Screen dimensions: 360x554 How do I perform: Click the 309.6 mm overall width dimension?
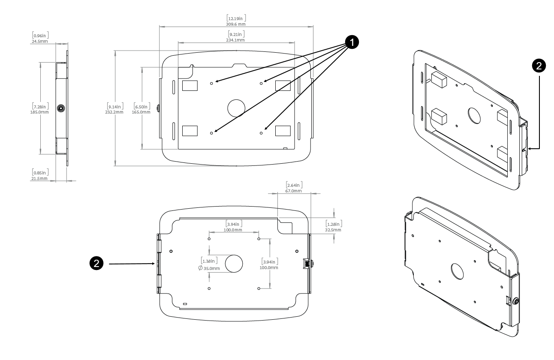click(x=236, y=24)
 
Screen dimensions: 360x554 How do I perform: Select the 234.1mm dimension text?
click(x=236, y=40)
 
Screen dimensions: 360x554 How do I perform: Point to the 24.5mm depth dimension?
click(x=40, y=42)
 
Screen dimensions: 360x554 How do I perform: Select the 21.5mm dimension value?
click(x=39, y=178)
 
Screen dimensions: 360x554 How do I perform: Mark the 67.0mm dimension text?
click(x=294, y=191)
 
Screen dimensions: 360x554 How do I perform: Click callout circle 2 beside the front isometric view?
click(x=539, y=65)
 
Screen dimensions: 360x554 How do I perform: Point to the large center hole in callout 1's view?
click(x=235, y=108)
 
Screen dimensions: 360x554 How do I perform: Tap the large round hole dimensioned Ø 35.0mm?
click(x=234, y=264)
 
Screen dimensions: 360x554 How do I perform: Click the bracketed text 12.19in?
click(x=236, y=18)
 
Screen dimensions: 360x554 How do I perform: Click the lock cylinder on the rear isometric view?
click(x=516, y=301)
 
